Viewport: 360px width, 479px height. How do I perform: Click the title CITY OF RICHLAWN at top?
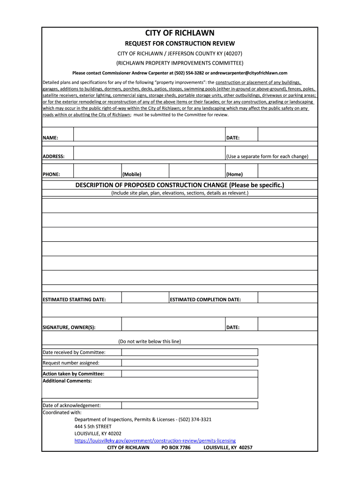180,33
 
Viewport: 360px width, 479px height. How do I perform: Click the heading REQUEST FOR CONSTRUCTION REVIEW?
180,44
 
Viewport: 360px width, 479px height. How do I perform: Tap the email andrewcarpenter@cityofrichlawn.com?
249,73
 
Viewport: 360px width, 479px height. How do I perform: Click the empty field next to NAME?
149,135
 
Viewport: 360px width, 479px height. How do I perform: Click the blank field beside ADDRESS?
149,153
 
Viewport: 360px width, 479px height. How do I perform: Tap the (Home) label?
235,174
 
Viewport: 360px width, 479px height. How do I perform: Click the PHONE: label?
51,174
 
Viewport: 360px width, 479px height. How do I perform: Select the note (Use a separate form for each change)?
267,156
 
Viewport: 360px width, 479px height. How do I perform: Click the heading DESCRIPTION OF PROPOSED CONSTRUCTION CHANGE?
180,185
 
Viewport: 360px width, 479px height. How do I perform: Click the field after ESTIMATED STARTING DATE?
145,298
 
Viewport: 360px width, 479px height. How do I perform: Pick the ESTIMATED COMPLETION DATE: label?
205,299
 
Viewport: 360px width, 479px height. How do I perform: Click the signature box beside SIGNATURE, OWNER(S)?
173,324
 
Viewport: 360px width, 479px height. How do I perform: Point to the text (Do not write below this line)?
150,341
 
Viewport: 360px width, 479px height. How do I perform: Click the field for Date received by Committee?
189,352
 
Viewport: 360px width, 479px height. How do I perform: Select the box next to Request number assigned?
189,363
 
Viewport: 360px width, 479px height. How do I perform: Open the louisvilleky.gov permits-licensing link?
155,441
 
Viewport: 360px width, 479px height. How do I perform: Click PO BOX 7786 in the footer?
176,448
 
